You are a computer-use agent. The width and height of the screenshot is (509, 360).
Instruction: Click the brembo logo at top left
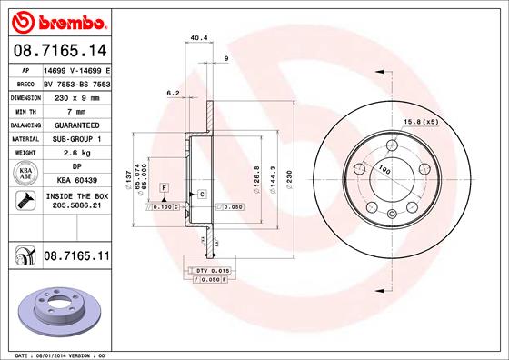pos(56,19)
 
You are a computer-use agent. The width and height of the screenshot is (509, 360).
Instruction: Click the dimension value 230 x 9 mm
pos(75,95)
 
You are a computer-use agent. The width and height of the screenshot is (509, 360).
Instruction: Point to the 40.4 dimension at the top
pos(195,38)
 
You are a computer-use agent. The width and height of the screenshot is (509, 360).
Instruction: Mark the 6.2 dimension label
pos(172,92)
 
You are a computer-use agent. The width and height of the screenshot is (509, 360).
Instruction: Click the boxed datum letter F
pos(164,186)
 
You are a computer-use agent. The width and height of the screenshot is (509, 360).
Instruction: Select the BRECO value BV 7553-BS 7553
pos(75,82)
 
